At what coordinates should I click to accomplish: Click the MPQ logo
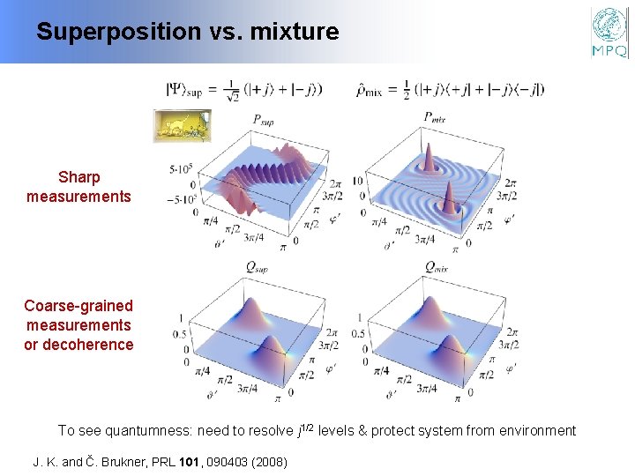point(609,33)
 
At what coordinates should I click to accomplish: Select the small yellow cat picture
point(183,126)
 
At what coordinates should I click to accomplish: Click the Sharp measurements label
point(78,187)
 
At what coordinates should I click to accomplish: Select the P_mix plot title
point(433,116)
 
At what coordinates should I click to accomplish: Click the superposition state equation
point(245,89)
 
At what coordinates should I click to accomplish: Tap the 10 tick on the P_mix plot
point(357,181)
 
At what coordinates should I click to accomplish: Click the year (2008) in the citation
point(268,461)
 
